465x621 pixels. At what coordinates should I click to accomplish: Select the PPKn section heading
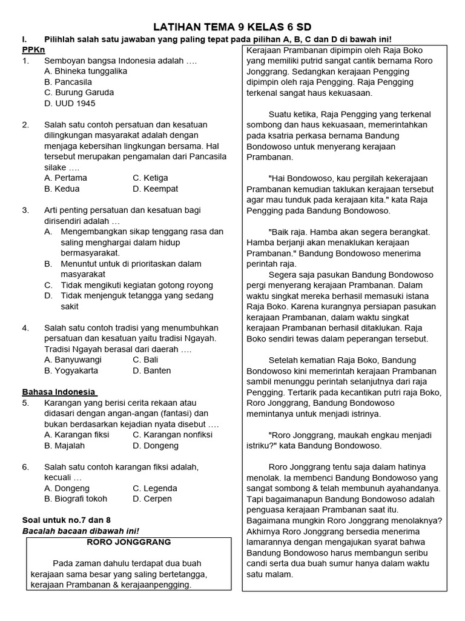[x=33, y=50]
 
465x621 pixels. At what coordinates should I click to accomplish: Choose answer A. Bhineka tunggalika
[x=85, y=71]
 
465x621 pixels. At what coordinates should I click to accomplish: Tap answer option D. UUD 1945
[x=70, y=103]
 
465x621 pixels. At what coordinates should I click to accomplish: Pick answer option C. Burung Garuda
[x=79, y=92]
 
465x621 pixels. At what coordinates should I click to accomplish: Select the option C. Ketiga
[x=150, y=178]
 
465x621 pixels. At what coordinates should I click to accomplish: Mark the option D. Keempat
[x=155, y=189]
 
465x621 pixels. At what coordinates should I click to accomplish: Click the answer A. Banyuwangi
[x=73, y=360]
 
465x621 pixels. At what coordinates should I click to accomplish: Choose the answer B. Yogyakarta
[x=71, y=371]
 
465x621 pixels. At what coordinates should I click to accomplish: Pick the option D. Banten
[x=151, y=371]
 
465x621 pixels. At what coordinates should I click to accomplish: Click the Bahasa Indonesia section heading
[x=59, y=392]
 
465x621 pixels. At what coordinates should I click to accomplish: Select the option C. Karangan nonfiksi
[x=173, y=435]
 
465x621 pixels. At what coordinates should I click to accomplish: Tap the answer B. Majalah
[x=64, y=446]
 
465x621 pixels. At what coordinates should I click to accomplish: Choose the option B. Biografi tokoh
[x=76, y=498]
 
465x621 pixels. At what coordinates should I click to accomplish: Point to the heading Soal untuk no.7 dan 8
[x=67, y=520]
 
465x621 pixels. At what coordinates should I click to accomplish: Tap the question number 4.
[x=25, y=327]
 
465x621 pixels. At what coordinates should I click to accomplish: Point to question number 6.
[x=25, y=467]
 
